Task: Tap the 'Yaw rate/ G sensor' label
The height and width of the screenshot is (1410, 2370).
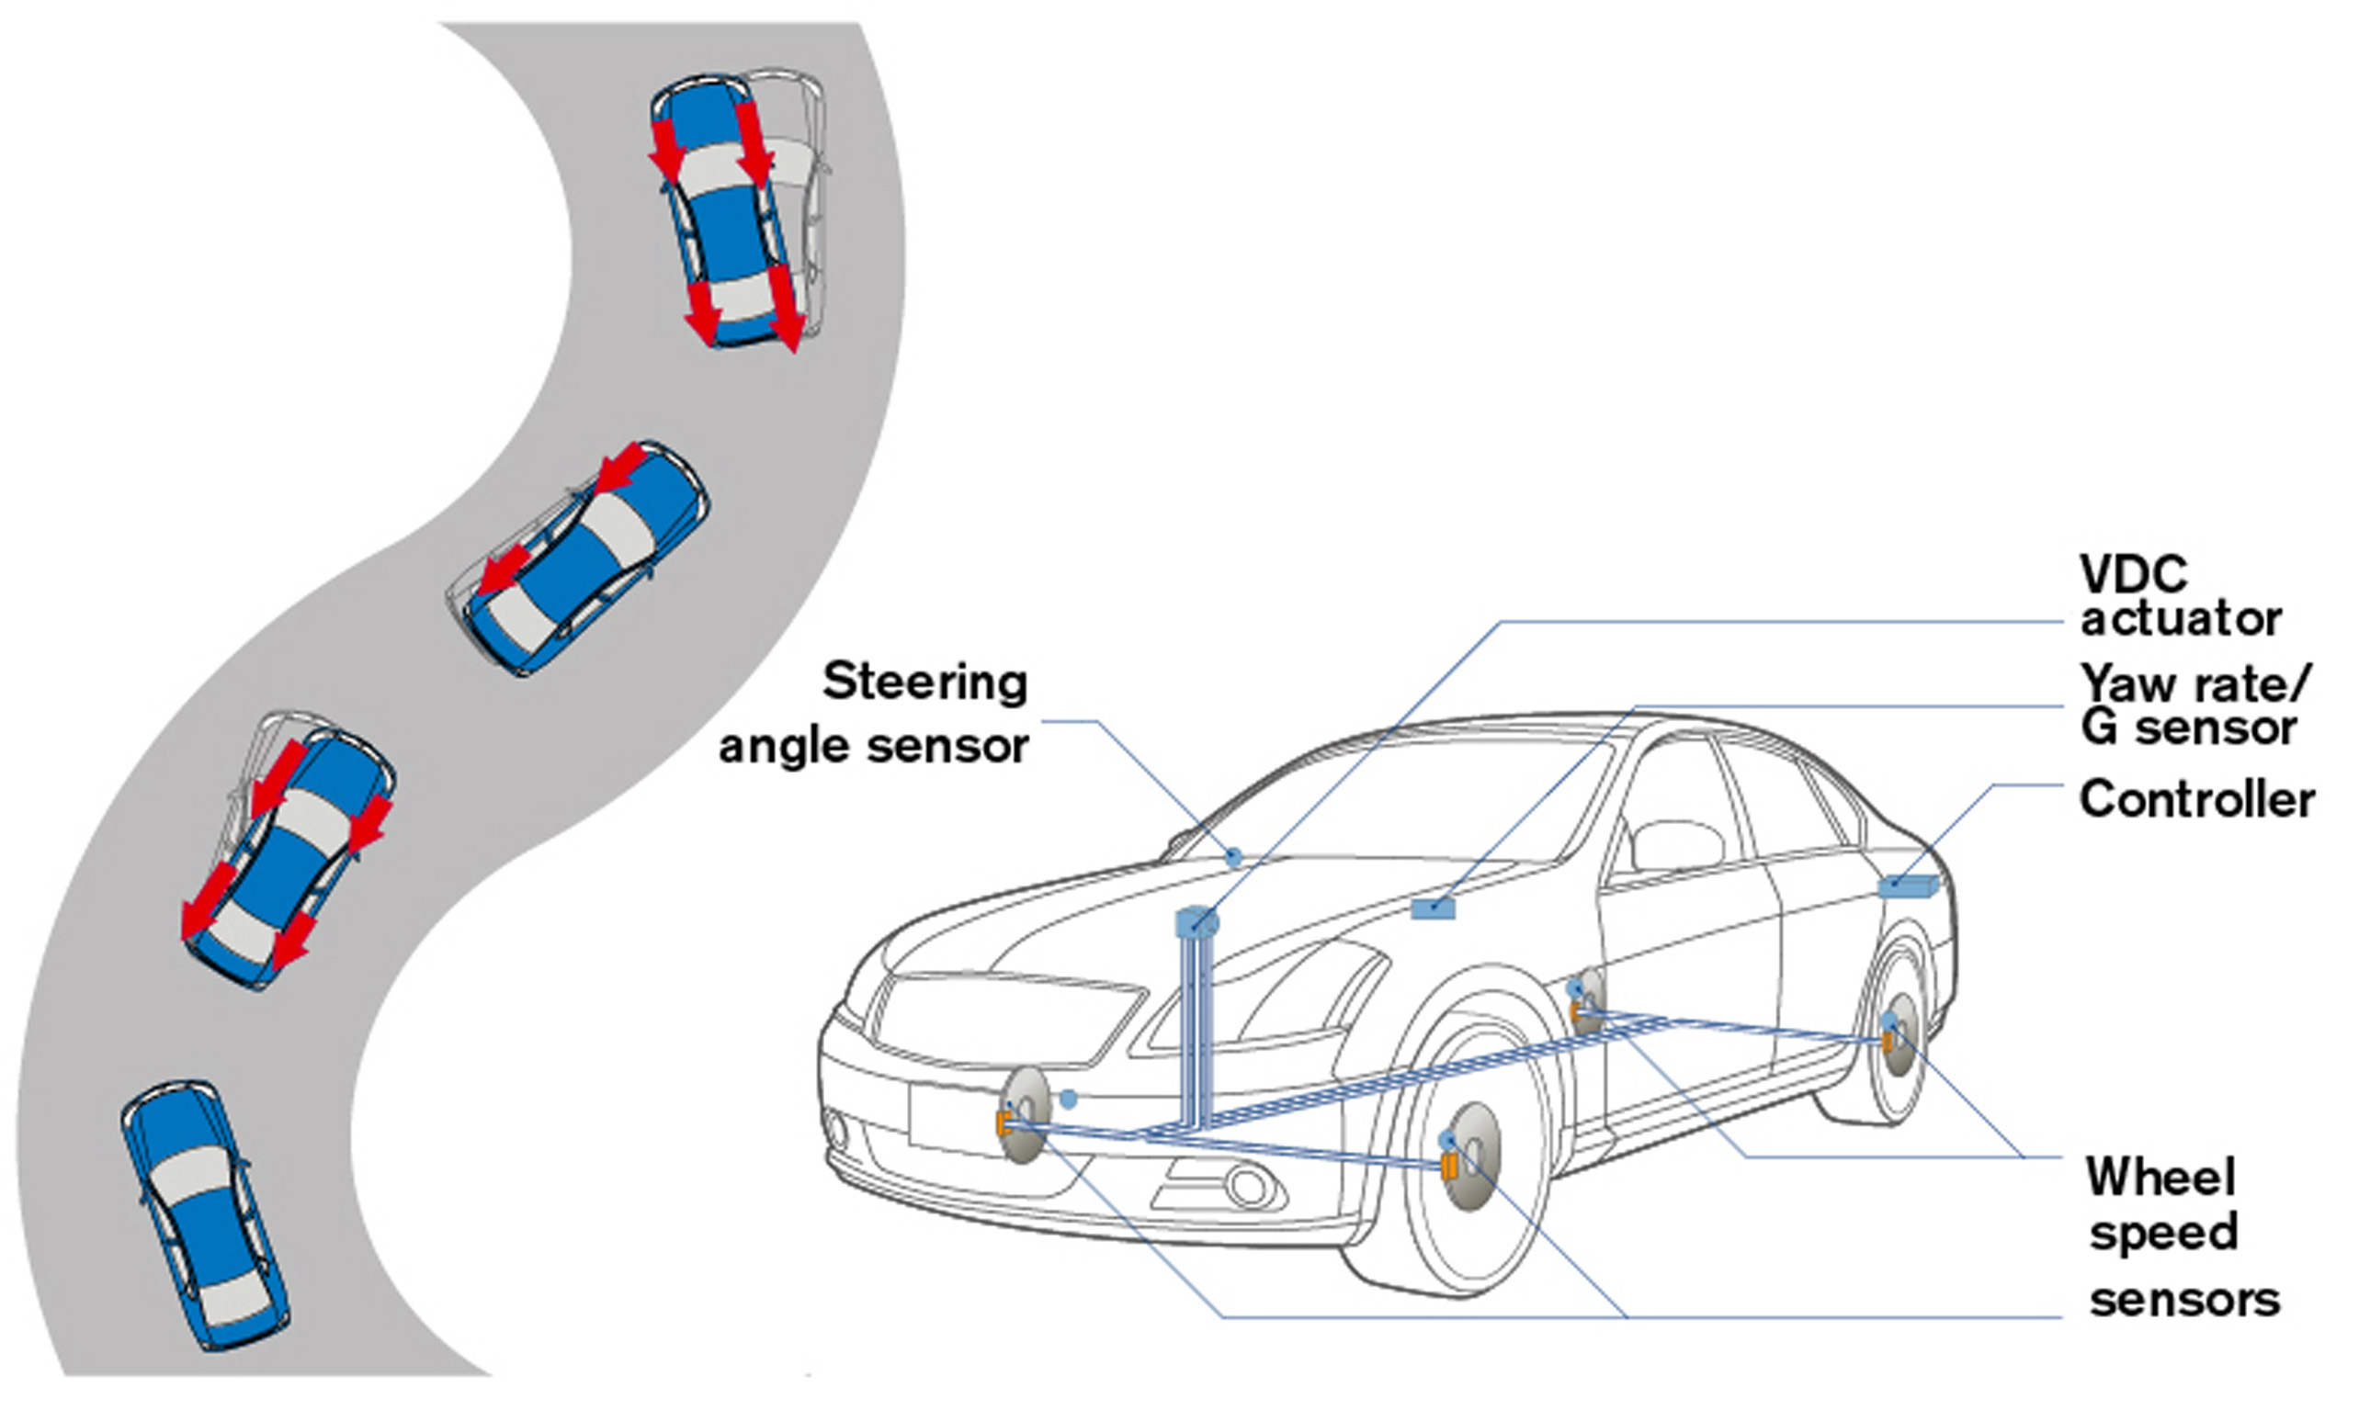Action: click(2195, 705)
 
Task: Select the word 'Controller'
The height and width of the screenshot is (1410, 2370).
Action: click(2195, 799)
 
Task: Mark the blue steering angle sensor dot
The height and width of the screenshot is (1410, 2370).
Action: click(1234, 857)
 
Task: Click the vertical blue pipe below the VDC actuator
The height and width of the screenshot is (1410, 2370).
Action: click(1193, 1026)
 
